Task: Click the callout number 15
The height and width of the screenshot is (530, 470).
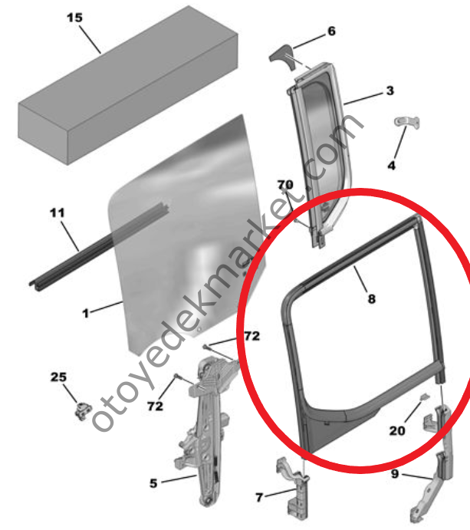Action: coord(74,18)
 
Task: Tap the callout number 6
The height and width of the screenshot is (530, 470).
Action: coord(331,31)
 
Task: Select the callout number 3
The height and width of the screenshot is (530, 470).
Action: coord(390,91)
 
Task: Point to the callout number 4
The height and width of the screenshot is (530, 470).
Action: coord(391,165)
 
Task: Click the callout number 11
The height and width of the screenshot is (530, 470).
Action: coord(57,213)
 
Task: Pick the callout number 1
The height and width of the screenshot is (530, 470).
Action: coord(86,314)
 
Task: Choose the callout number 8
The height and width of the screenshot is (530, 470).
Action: coord(371,299)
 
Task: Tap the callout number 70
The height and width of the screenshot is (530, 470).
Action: coord(285,185)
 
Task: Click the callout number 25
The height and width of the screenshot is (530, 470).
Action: coord(58,377)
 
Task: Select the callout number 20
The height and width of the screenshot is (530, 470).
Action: coord(397,430)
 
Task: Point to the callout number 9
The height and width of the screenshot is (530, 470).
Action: coord(395,474)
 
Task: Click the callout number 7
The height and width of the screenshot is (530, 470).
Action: coord(259,497)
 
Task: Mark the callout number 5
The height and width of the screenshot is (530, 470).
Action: coord(153,483)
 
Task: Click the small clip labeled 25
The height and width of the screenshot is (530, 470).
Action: coord(83,410)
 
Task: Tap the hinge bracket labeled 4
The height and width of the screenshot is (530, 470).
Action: coord(407,122)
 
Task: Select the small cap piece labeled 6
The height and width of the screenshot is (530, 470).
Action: coord(282,57)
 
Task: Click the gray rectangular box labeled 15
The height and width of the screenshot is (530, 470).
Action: coord(128,85)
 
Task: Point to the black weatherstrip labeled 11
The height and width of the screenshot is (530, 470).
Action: coord(98,245)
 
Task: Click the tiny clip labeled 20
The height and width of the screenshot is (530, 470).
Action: coord(425,397)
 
